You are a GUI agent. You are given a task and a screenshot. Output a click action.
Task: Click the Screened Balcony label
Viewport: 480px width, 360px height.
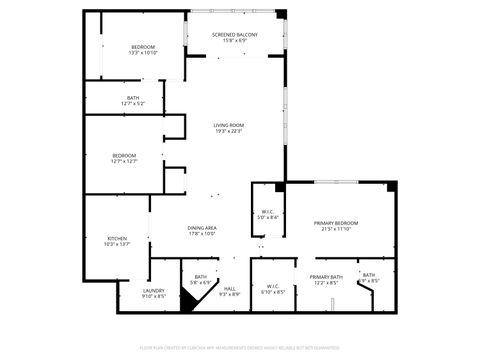[235, 35]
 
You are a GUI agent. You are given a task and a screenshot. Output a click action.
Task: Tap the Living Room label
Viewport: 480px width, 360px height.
[228, 125]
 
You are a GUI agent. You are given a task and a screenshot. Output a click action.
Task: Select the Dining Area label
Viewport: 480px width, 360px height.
[203, 228]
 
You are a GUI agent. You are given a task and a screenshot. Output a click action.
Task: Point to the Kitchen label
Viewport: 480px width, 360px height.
[117, 238]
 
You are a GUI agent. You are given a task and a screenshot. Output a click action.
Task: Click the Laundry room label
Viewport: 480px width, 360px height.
[153, 290]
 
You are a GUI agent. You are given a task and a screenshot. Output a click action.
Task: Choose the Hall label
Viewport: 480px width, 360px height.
[229, 289]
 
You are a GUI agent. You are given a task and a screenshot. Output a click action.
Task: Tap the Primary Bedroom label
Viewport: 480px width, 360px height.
[336, 222]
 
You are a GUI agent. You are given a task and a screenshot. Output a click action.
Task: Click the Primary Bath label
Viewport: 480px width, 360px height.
[326, 277]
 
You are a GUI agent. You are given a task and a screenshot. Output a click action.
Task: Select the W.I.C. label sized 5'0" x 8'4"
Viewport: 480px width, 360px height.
[268, 211]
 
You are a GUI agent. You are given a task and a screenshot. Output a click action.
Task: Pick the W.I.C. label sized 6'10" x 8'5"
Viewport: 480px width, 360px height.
[273, 288]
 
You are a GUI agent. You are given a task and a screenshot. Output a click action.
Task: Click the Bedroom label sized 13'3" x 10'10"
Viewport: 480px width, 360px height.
[144, 48]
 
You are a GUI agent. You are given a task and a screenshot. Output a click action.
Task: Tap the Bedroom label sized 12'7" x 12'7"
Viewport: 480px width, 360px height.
[124, 155]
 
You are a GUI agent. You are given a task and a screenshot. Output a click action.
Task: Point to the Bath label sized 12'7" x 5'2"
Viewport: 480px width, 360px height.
[133, 98]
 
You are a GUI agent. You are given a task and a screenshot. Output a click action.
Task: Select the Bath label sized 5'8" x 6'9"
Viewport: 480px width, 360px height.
[201, 277]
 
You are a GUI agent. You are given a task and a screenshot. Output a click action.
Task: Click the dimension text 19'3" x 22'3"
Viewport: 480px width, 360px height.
[228, 131]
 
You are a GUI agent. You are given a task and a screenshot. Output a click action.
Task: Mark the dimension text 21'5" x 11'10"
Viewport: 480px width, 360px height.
[336, 229]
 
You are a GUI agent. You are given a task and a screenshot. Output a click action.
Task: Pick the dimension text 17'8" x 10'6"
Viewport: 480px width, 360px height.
[203, 234]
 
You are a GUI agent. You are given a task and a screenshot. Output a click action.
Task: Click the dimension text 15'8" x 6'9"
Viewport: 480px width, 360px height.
[235, 41]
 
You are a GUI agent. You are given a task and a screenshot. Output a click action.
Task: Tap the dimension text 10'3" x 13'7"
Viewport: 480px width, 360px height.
[117, 244]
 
